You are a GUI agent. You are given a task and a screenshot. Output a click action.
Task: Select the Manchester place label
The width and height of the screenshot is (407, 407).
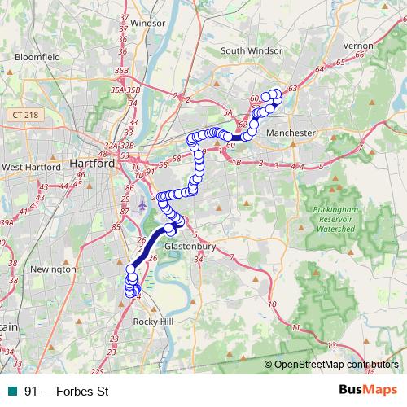291,133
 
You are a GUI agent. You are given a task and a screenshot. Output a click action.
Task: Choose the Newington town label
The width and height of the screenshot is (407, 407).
52,268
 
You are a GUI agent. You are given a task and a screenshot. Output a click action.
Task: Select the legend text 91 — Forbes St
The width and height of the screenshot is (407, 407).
67,392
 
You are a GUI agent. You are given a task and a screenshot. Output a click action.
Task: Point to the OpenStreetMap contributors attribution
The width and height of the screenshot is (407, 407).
335,365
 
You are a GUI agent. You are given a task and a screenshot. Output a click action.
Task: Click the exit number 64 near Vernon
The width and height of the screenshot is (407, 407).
318,71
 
